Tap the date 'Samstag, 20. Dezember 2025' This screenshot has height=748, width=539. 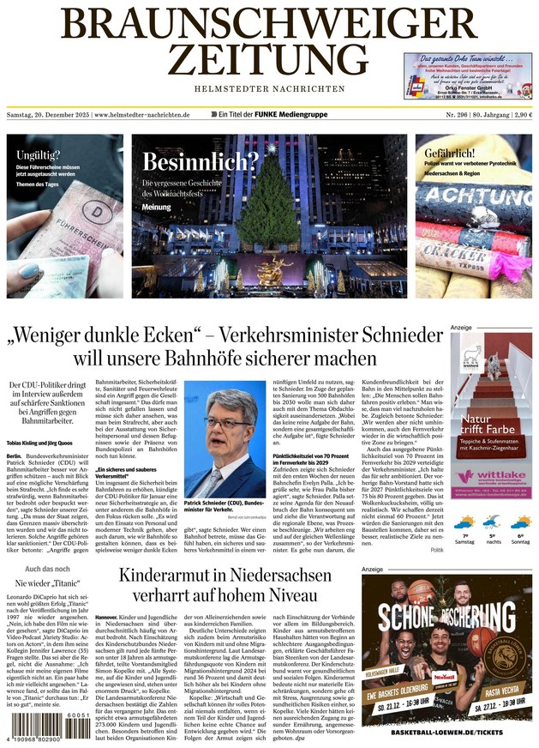[x=47, y=114]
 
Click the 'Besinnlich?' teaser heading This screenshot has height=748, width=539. [x=200, y=161]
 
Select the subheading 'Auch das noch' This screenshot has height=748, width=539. [x=47, y=569]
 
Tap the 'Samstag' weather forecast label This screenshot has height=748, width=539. [x=464, y=541]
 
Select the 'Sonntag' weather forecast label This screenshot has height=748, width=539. [x=519, y=541]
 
